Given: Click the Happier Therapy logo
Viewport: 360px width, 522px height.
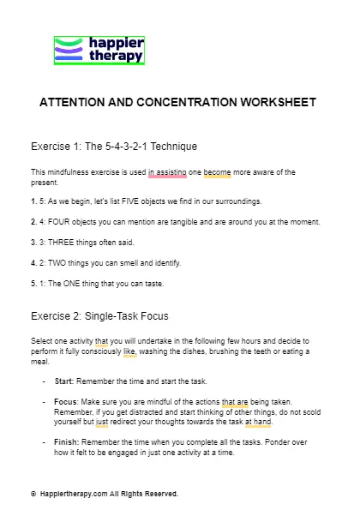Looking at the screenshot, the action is coord(99,51).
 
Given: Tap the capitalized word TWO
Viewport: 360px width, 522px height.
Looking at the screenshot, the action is coord(55,262).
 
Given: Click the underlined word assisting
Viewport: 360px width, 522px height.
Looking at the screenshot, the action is coord(167,172).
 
